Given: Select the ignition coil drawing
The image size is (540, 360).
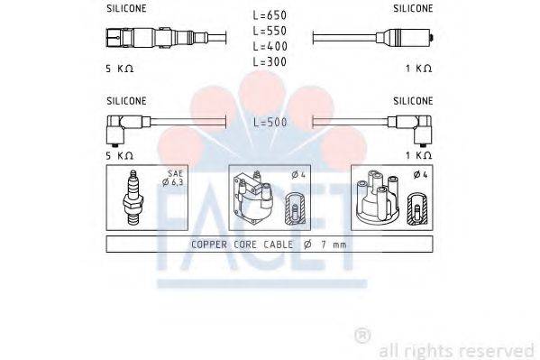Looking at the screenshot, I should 257,198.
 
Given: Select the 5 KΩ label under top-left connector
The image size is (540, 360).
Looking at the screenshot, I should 119,69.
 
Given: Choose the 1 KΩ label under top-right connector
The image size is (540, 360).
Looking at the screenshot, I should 417,69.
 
